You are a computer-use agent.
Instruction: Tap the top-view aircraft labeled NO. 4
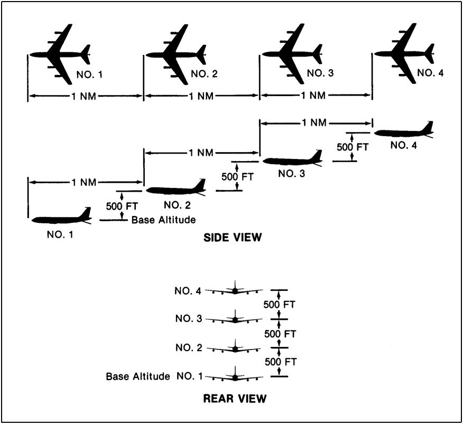point(404,54)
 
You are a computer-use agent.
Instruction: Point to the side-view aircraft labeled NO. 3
point(292,160)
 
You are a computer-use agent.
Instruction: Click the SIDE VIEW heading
point(233,238)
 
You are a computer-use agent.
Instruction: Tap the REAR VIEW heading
point(235,399)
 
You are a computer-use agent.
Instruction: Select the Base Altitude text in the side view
point(164,220)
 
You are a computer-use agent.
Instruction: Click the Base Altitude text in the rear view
point(138,376)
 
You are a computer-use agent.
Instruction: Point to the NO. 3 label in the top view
point(320,73)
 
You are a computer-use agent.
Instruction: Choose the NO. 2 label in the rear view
point(189,348)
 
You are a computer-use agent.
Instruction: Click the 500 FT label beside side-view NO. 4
point(353,147)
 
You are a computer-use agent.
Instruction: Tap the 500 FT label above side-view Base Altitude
point(122,206)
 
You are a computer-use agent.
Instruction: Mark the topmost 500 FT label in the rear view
point(280,305)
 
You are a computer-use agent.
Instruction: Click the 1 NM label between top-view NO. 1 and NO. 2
point(84,96)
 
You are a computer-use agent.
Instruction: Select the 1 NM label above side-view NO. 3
point(314,122)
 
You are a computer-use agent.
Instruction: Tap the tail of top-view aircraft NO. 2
point(202,54)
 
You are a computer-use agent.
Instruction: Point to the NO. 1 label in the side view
point(60,234)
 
